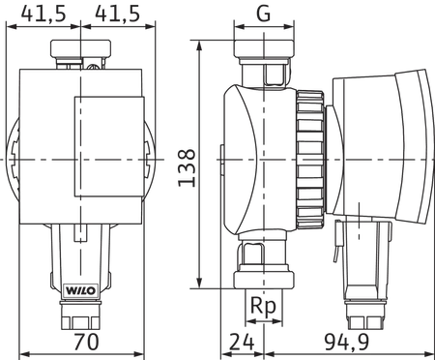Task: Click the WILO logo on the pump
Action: pyautogui.click(x=81, y=290)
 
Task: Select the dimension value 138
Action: pyautogui.click(x=188, y=167)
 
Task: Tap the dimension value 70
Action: pyautogui.click(x=86, y=342)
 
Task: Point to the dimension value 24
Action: pyautogui.click(x=243, y=342)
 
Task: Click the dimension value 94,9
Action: pyautogui.click(x=346, y=342)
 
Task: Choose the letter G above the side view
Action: pyautogui.click(x=264, y=14)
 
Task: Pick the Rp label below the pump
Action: pyautogui.click(x=264, y=306)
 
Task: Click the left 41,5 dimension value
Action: pyautogui.click(x=43, y=14)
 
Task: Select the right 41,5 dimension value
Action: pyautogui.click(x=118, y=14)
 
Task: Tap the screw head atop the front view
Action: pyautogui.click(x=93, y=67)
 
